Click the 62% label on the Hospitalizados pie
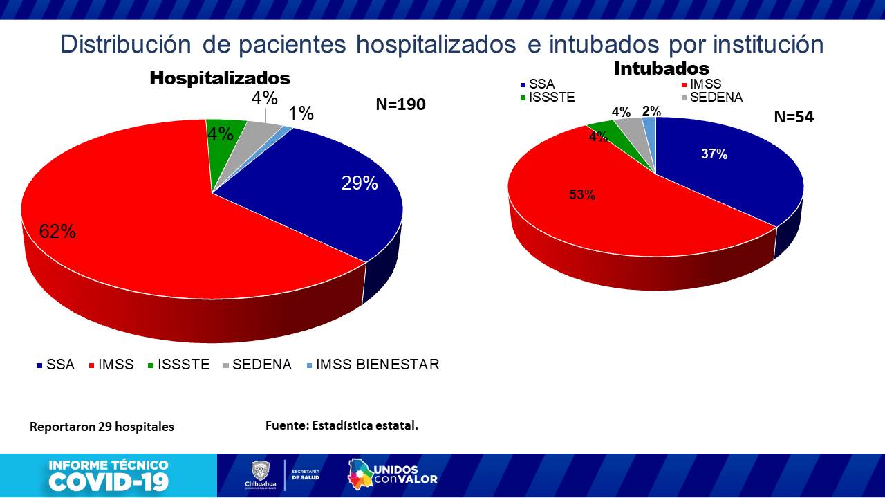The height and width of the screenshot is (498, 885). tap(57, 232)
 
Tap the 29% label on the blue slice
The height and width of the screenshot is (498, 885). tap(360, 183)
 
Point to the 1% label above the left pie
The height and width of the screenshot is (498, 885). tap(301, 113)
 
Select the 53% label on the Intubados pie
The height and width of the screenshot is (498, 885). tap(582, 195)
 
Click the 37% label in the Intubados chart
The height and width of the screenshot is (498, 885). tap(714, 154)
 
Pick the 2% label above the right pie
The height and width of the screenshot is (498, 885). tap(651, 111)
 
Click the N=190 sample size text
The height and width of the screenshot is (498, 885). tap(400, 104)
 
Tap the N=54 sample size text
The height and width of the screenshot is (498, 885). tap(794, 117)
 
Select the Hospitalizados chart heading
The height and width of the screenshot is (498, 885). tap(220, 77)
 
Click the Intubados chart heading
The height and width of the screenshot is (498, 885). tap(662, 68)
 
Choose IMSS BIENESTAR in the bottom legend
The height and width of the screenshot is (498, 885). tap(377, 365)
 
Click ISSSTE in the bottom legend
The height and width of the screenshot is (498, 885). tap(183, 365)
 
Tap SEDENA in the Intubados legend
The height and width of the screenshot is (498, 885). tap(716, 98)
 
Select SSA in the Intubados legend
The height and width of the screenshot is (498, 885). tap(541, 84)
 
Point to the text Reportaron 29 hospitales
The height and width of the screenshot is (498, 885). tap(102, 427)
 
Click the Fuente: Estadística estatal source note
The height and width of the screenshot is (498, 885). tap(342, 425)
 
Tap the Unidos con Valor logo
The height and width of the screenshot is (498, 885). tap(393, 474)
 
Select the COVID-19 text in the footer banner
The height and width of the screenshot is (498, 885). tap(109, 481)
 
